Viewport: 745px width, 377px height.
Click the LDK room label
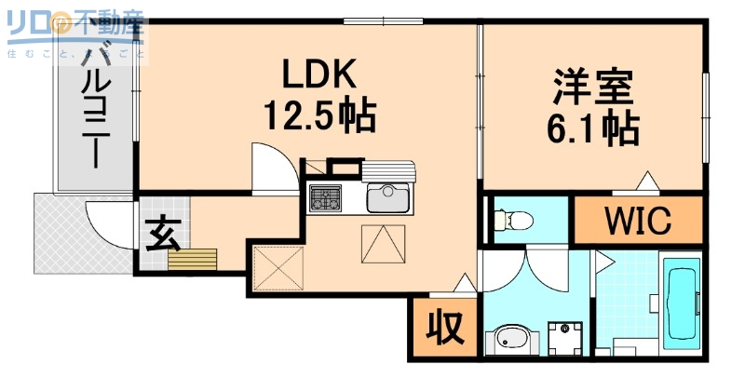pyautogui.click(x=320, y=74)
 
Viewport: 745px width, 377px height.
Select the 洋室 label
pyautogui.click(x=592, y=88)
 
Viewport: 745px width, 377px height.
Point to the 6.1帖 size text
pyautogui.click(x=592, y=128)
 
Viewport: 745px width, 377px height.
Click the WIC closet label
pyautogui.click(x=638, y=221)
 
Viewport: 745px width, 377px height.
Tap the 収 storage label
pyautogui.click(x=444, y=329)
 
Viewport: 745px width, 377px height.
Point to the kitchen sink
pyautogui.click(x=388, y=198)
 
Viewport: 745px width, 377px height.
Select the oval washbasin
pyautogui.click(x=510, y=338)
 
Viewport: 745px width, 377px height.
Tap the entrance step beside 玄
pyautogui.click(x=193, y=260)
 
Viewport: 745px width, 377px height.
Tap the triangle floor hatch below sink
pyautogui.click(x=384, y=244)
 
